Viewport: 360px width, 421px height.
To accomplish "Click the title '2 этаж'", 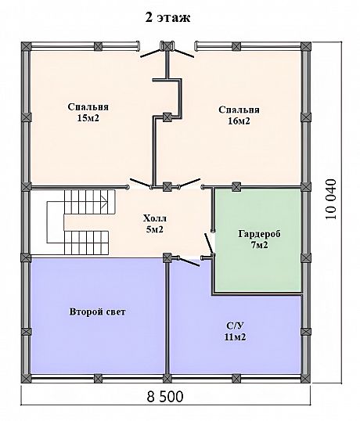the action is coord(167,18).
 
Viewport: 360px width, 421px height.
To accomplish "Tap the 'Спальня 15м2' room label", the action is coord(88,112).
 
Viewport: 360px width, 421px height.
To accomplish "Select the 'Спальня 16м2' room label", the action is coord(239,115).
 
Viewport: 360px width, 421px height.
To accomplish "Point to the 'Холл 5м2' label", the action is coord(154,223).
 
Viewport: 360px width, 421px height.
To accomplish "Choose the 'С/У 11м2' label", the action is coord(235,331).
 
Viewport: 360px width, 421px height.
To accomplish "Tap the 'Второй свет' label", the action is coord(98,311).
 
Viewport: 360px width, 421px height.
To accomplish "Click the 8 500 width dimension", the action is coord(165,396).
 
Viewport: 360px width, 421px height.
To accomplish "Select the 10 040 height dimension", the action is coord(331,199).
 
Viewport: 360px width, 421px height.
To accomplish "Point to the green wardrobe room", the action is coord(258,239).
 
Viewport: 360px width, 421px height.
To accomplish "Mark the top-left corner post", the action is coord(26,46).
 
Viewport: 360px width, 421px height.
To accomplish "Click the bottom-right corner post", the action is coord(306,378).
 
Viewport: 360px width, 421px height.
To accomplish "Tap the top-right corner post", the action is coord(306,46).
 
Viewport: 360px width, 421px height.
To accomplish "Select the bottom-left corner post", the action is coord(26,378).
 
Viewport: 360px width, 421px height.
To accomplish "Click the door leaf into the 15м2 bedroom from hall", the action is coord(139,182).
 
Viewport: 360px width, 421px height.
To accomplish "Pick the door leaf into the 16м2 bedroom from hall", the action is coord(190,182).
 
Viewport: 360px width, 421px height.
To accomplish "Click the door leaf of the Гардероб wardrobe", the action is coord(209,243).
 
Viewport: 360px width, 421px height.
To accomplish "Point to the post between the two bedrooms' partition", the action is coord(167,117).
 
